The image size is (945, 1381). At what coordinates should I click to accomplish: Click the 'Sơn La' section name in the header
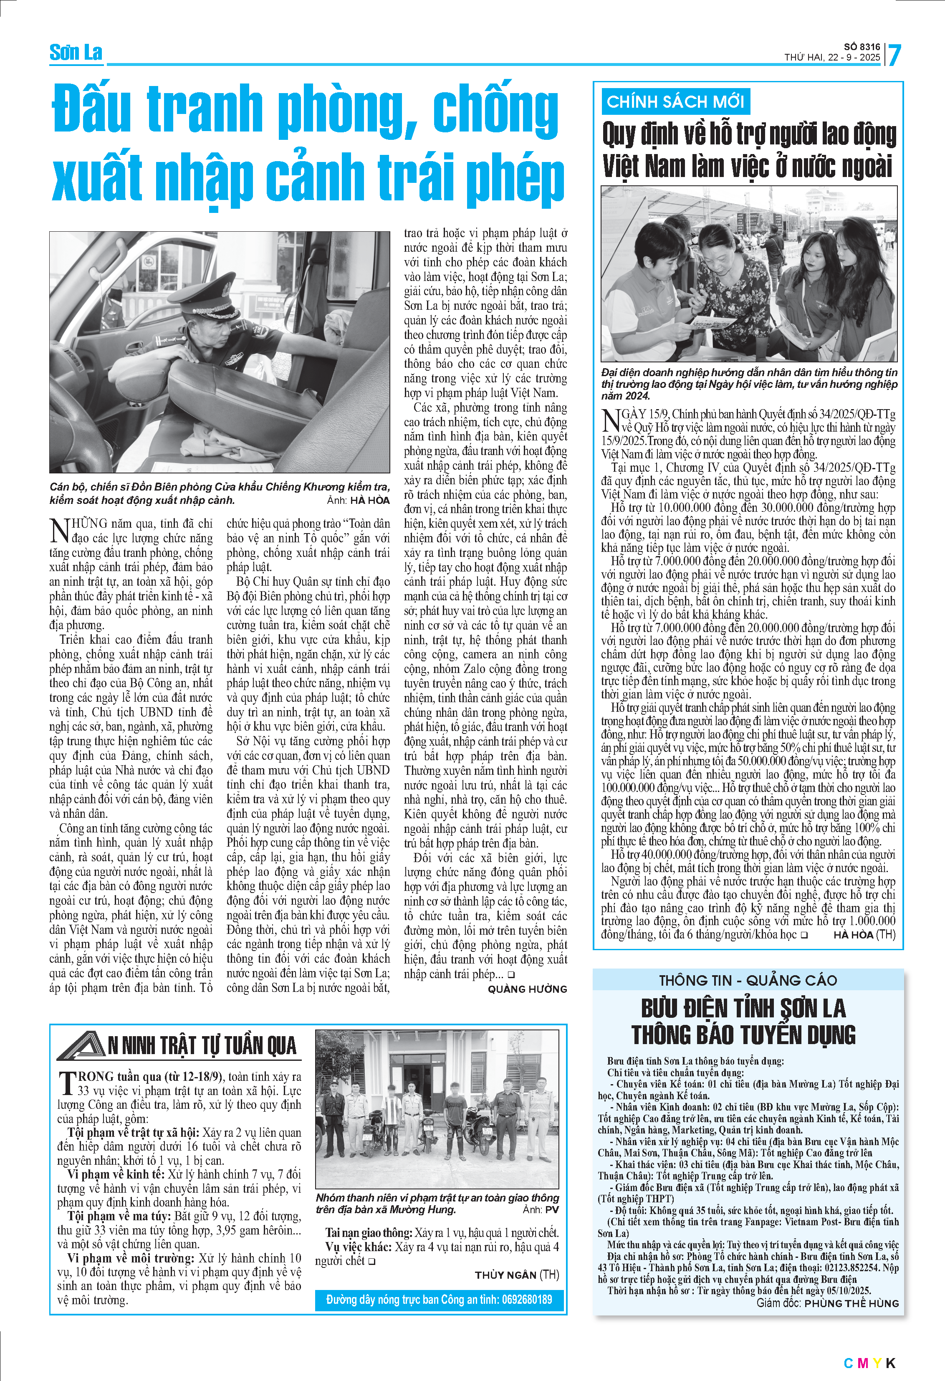76,53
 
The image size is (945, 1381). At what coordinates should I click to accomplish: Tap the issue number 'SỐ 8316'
862,46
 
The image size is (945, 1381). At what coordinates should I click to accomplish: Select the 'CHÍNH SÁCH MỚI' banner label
675,101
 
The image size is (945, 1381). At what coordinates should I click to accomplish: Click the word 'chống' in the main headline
495,109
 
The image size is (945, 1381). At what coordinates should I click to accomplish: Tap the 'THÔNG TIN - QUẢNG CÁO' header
748,980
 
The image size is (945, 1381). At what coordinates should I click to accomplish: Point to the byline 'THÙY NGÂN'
505,1275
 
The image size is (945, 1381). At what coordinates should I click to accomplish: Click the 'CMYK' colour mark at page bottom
869,1363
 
